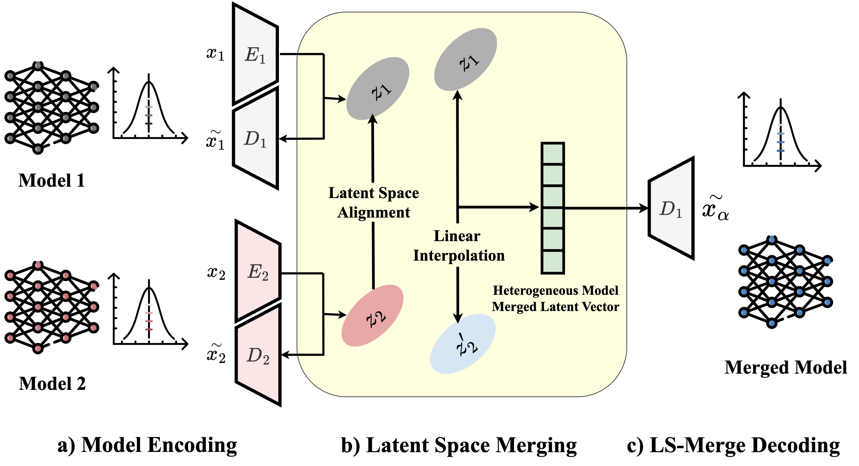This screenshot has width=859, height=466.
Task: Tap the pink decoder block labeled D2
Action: [258, 355]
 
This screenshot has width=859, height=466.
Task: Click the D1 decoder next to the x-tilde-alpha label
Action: [671, 209]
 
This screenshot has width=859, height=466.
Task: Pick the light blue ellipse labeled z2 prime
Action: [463, 344]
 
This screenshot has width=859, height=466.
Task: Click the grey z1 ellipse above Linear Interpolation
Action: [466, 59]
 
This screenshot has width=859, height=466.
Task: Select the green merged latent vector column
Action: [552, 208]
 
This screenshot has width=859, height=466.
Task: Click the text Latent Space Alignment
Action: [373, 202]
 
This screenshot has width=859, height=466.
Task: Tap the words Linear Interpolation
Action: [458, 246]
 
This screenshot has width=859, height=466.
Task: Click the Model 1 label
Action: [52, 180]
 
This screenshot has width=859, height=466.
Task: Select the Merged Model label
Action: [785, 367]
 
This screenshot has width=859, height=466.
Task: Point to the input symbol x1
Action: [215, 54]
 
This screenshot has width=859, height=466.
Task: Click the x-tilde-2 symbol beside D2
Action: [216, 354]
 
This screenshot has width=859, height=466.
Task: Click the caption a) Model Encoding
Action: [147, 445]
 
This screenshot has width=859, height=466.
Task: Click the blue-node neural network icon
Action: [785, 282]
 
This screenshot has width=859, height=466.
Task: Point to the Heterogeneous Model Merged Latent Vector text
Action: [555, 299]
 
